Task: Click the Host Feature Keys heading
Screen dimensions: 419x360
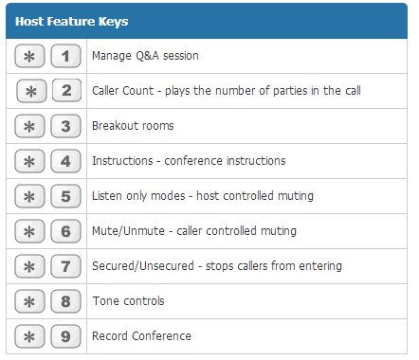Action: (72, 22)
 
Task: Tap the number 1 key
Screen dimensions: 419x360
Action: (65, 56)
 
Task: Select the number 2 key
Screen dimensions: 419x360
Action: (66, 91)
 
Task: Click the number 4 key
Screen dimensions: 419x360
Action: (65, 161)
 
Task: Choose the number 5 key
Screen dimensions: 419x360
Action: (65, 196)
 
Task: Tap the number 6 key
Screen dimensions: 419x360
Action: (65, 231)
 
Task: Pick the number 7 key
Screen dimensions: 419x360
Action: (65, 266)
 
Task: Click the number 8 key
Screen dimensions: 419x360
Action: (65, 301)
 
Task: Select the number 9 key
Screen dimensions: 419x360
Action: (65, 336)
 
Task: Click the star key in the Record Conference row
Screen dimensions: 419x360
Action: (29, 336)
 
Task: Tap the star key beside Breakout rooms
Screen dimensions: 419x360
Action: (29, 126)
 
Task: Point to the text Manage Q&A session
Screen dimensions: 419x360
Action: (145, 56)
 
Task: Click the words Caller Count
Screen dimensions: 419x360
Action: (122, 91)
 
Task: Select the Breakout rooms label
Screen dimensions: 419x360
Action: (133, 126)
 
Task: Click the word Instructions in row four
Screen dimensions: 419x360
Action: (122, 161)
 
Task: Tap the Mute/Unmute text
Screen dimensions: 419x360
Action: (128, 231)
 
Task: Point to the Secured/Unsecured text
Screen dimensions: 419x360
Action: (143, 266)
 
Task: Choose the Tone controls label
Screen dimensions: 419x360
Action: (128, 301)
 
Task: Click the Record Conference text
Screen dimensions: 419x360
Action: (141, 336)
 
